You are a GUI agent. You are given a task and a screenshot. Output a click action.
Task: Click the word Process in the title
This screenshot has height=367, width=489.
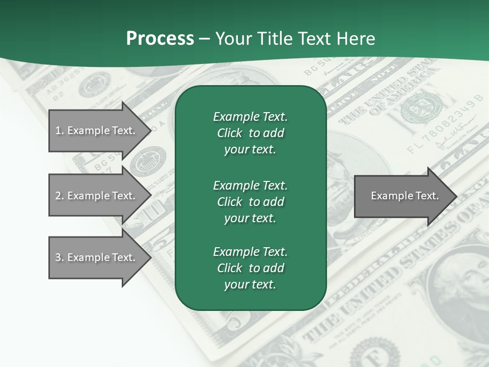tap(160, 39)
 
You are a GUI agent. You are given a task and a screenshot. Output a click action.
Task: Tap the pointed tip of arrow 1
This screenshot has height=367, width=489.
tap(150, 130)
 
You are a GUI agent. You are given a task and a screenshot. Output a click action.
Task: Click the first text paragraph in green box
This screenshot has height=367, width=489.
tap(250, 133)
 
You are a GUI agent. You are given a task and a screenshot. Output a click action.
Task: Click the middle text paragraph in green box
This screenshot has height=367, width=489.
tap(250, 201)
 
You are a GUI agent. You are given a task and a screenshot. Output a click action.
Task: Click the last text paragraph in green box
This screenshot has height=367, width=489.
tap(250, 268)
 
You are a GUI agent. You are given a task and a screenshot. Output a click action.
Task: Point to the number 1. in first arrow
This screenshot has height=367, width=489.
tap(59, 130)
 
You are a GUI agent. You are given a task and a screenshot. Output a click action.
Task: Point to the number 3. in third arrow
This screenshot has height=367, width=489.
tap(59, 257)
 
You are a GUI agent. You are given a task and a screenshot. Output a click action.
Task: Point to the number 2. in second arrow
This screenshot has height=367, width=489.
tap(59, 196)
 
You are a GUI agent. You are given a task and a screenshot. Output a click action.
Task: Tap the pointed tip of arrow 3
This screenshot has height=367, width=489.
tap(150, 257)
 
